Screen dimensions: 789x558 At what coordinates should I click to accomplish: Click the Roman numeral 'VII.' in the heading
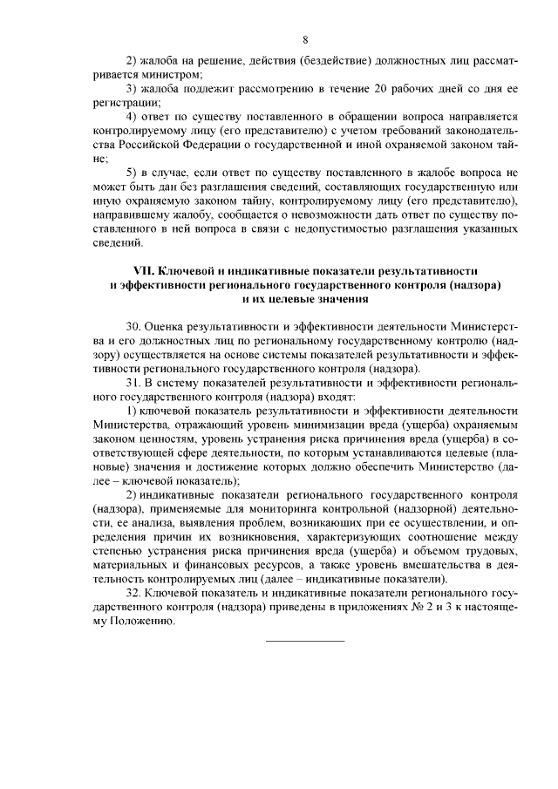(x=144, y=273)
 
